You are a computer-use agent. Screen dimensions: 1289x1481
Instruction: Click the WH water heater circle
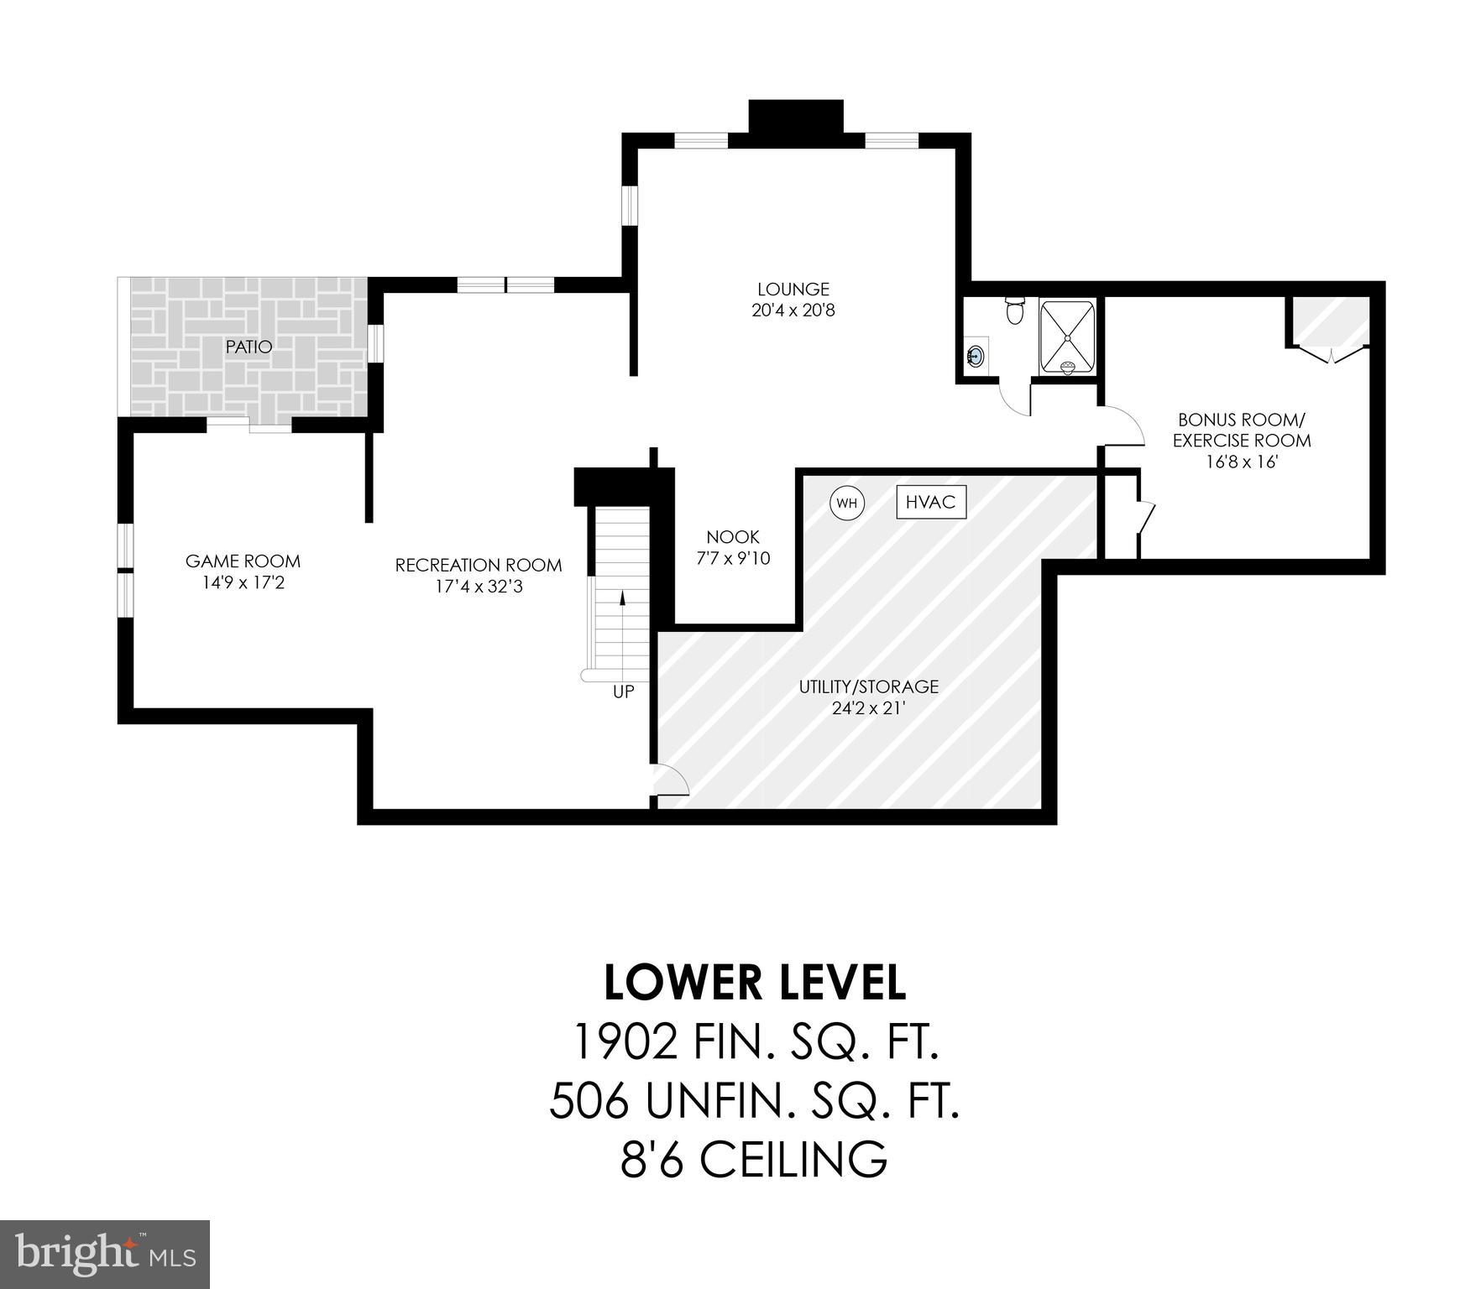pos(848,504)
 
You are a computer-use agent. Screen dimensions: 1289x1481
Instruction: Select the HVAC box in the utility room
pos(931,502)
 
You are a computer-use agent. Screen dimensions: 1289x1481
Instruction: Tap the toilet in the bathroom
pos(1015,310)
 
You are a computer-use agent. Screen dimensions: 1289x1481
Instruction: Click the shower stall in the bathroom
pos(1067,337)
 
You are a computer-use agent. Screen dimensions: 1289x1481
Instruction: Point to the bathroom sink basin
pos(976,356)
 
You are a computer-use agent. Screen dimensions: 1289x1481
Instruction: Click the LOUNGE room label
pos(793,290)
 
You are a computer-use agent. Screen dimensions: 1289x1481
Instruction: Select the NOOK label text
pos(732,537)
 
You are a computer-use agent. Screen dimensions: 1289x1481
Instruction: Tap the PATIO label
pos(249,347)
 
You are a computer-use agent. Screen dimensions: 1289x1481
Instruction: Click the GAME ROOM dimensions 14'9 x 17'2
pos(243,582)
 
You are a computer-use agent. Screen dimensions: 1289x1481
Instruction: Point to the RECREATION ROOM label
pos(478,566)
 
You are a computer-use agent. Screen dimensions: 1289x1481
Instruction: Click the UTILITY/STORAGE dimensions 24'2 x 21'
pos(868,708)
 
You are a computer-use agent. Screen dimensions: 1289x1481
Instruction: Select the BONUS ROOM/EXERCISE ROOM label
pos(1241,430)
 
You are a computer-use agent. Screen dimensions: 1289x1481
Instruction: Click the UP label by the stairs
pos(623,692)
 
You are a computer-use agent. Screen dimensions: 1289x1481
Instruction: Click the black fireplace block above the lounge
pos(795,116)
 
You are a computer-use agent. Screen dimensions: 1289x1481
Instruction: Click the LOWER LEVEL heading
pos(754,983)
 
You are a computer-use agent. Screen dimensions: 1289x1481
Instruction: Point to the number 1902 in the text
pos(625,1042)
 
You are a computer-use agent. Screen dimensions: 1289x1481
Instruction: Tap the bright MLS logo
pos(105,1254)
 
